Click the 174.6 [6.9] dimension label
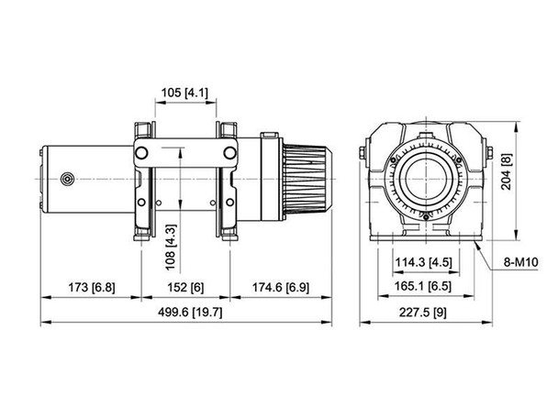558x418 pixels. coord(279,287)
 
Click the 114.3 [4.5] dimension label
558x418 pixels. coord(424,261)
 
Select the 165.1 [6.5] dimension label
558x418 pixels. coord(424,287)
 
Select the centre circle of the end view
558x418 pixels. coord(428,177)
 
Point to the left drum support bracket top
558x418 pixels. coord(141,128)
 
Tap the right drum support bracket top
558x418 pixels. coord(228,128)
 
